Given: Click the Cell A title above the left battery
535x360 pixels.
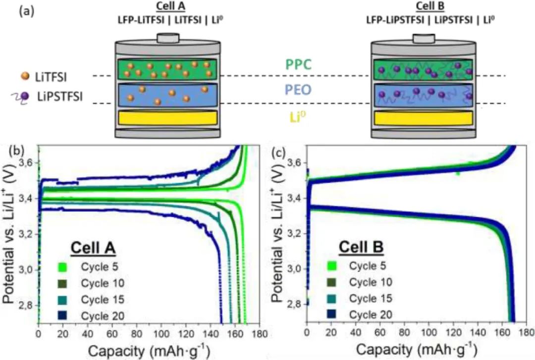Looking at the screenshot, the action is pos(170,6).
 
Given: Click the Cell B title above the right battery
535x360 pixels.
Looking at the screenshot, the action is pos(430,6).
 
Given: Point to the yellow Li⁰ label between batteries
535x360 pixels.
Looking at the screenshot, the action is pos(298,117).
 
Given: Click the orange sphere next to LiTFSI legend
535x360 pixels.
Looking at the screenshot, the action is pos(25,76).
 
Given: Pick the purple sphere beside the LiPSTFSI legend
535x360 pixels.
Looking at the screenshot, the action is pos(25,97).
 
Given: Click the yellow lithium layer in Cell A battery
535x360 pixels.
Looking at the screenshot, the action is pos(167,118).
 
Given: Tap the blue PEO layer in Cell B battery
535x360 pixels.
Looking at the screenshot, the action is pos(424,96).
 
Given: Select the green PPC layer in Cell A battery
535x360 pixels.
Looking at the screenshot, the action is pos(167,70).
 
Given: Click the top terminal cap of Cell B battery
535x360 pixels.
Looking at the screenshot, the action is pos(424,38).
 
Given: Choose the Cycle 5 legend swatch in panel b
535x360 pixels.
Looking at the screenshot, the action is pos(63,267).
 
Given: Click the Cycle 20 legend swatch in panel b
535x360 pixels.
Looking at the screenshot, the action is pos(63,315).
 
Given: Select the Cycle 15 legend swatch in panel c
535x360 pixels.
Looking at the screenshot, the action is pos(331,298).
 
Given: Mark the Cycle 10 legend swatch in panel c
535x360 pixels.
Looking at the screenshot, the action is pos(331,282).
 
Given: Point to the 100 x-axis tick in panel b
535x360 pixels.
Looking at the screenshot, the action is pos(161,333).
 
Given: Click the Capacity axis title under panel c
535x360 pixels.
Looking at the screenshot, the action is pos(416,350).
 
